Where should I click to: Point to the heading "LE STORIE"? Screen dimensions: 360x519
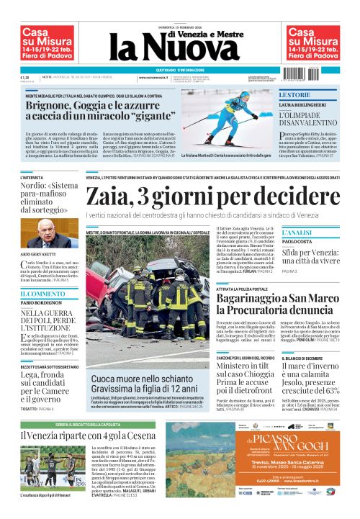click(294, 95)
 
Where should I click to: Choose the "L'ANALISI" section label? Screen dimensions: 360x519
click(297, 233)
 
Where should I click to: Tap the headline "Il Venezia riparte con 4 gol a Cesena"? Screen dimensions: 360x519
click(86, 435)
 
